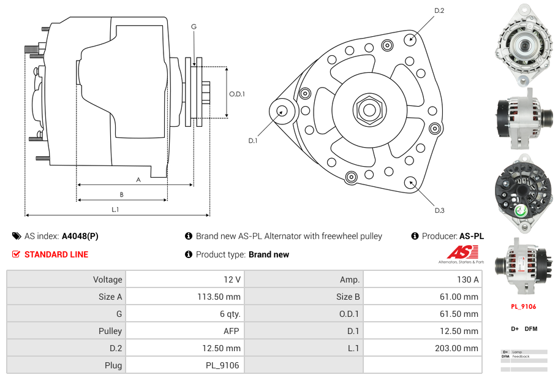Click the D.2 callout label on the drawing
tap(439, 10)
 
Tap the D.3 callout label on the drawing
tap(439, 210)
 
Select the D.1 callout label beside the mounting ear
tap(253, 140)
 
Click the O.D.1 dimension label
tap(237, 94)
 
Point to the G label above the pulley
tap(194, 26)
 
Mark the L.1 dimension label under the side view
tap(115, 210)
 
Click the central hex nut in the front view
tap(369, 110)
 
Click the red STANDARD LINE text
tap(56, 254)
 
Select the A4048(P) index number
tap(80, 236)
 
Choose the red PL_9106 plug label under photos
tap(524, 306)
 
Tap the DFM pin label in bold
tap(531, 329)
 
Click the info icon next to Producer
tap(415, 236)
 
